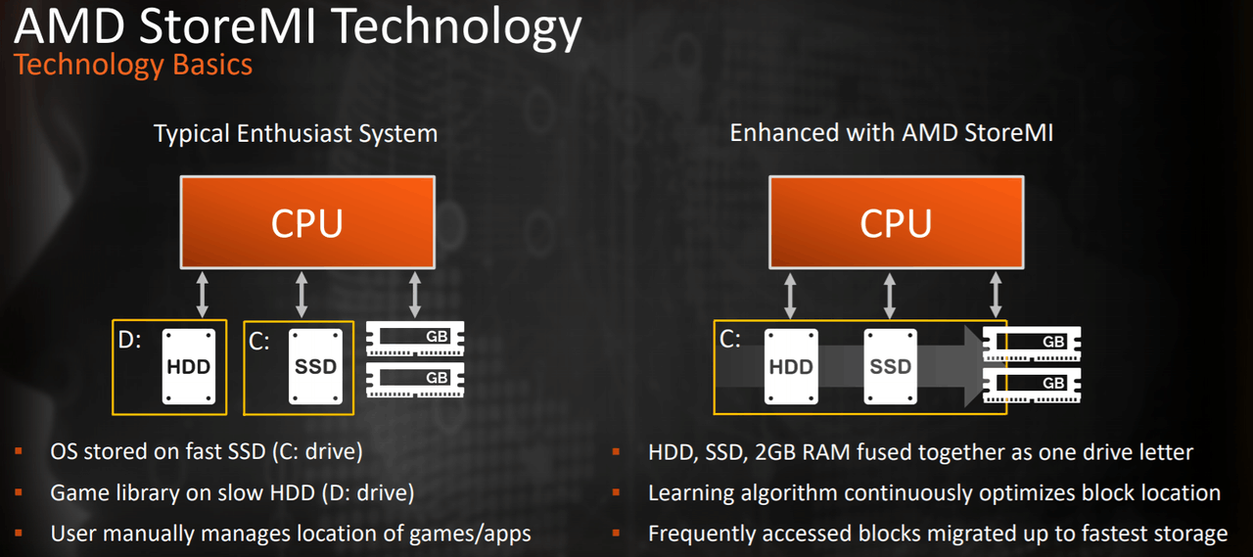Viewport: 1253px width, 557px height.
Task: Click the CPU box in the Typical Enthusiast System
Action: [306, 222]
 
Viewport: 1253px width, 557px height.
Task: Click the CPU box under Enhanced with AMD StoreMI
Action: [896, 222]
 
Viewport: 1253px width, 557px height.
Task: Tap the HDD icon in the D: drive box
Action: [187, 366]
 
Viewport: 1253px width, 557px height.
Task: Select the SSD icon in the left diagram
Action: [315, 366]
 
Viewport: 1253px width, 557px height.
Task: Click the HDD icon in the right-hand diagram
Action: [791, 366]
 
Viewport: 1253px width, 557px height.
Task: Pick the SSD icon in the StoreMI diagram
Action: [891, 366]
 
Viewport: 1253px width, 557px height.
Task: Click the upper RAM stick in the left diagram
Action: [415, 338]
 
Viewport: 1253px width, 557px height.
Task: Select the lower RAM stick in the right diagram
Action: [1032, 383]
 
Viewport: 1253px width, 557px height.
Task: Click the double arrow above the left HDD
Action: [203, 295]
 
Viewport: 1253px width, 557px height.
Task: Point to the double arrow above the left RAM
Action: [415, 295]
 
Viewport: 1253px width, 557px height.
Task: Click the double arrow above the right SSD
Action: [890, 295]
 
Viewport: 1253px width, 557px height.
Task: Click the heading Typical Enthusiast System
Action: [296, 133]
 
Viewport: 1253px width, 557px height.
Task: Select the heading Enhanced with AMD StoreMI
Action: [891, 133]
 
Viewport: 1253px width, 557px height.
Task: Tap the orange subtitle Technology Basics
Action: [133, 66]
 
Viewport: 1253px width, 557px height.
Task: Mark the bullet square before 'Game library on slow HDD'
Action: [18, 492]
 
